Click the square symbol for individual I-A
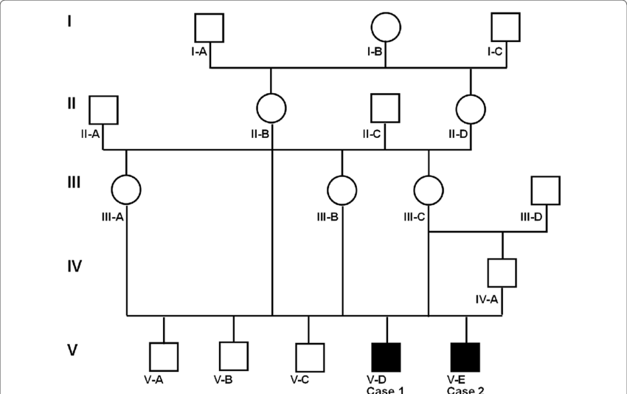[209, 28]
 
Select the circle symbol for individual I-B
[386, 28]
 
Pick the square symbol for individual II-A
[104, 110]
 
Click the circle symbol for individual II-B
[271, 109]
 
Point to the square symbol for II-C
[384, 108]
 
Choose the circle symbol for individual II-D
[471, 109]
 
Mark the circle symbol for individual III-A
[126, 190]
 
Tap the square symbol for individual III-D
[546, 190]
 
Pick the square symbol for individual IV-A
[502, 272]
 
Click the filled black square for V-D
[387, 357]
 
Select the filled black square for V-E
[465, 357]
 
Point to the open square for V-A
[164, 357]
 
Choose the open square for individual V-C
[308, 357]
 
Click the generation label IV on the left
[75, 266]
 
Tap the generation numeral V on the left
[73, 350]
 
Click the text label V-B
[224, 380]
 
